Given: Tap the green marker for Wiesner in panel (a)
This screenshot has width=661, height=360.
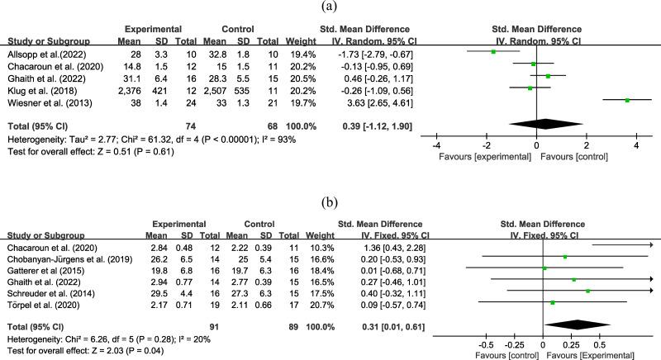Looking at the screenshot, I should (x=627, y=100).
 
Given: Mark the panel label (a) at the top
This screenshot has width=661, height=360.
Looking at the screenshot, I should (x=330, y=7).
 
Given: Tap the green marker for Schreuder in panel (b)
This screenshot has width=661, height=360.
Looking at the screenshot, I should (x=587, y=291).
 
